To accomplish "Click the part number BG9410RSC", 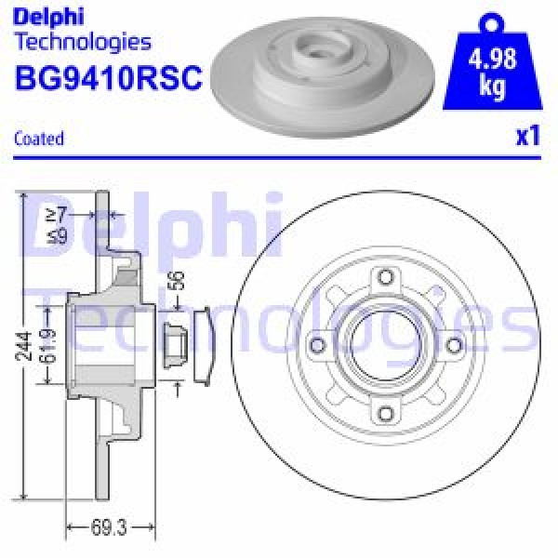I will click(109, 78).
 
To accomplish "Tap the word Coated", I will click(40, 139).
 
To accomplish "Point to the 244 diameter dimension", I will click(26, 345).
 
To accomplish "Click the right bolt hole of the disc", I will click(453, 346).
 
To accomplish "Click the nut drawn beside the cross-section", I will click(172, 345).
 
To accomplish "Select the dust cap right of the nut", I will click(205, 345).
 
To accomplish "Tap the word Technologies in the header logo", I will click(83, 41).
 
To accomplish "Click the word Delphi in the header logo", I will click(49, 16).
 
